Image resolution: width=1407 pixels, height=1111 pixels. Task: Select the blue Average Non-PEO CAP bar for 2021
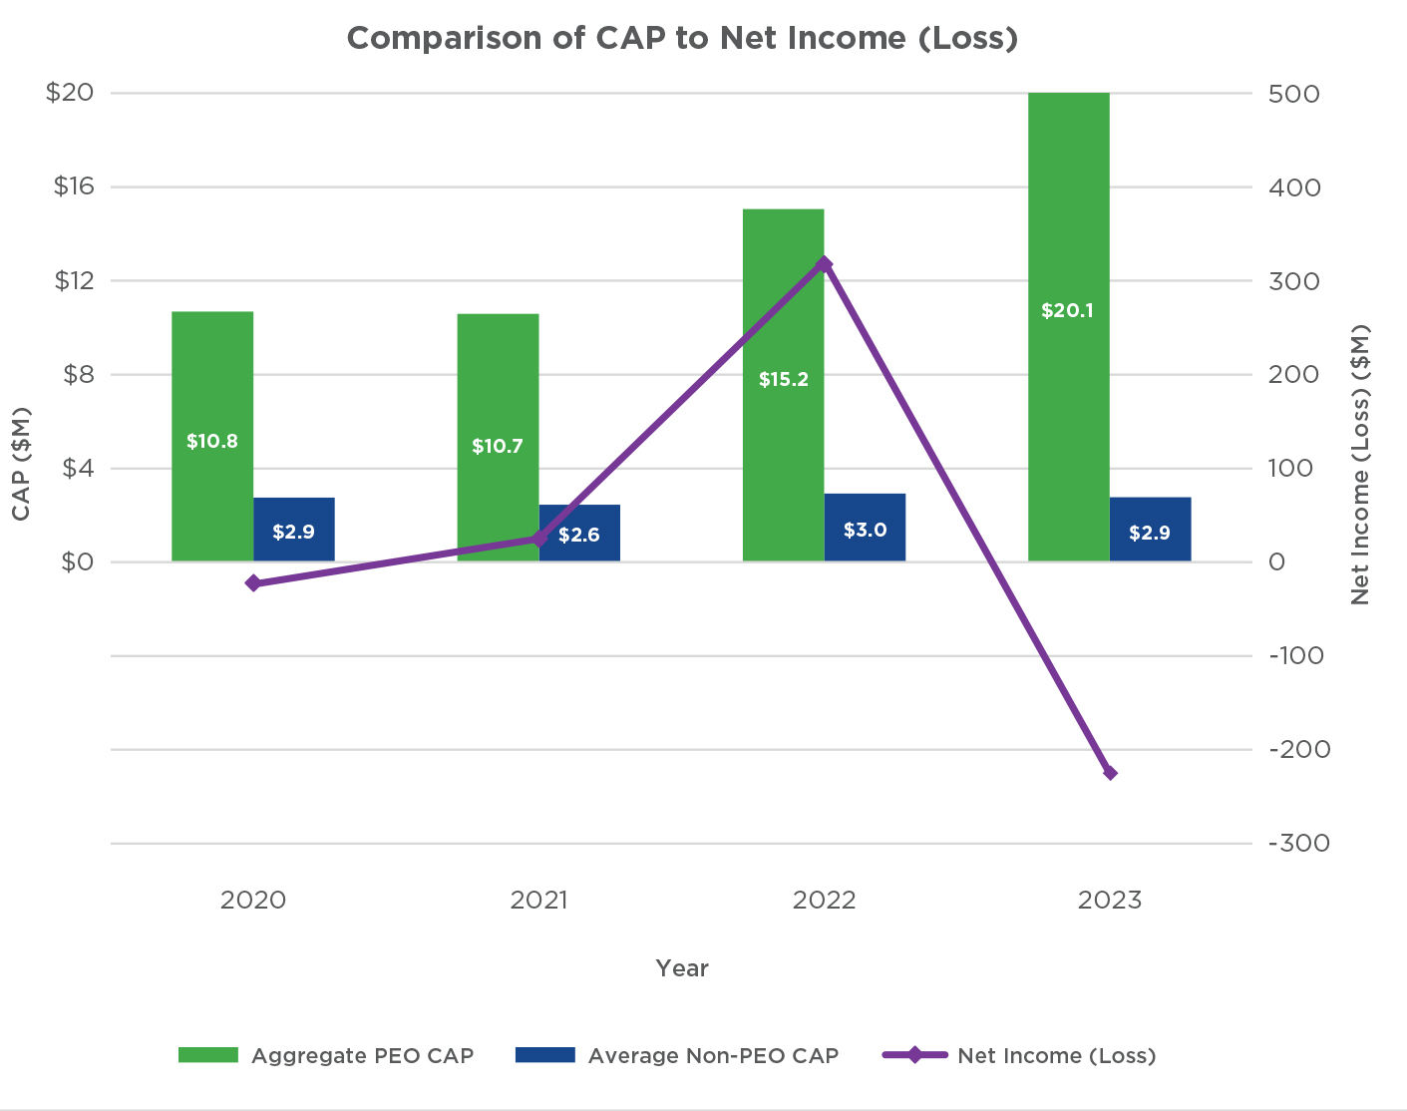tap(579, 519)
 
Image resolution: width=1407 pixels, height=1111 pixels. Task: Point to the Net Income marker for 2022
tap(824, 264)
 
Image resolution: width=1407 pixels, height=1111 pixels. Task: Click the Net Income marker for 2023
tap(1110, 773)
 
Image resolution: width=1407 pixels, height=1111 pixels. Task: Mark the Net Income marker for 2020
tap(253, 583)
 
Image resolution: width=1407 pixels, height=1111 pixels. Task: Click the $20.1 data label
tap(1067, 311)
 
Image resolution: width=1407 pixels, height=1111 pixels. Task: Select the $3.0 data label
tap(865, 531)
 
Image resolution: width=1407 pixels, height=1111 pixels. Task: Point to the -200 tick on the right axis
tap(1299, 749)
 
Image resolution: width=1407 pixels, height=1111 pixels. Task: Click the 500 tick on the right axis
tap(1293, 94)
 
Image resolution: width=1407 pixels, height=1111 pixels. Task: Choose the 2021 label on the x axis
tap(538, 901)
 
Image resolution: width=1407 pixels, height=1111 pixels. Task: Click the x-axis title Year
tap(682, 968)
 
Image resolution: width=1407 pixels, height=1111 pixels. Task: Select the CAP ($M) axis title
tap(21, 464)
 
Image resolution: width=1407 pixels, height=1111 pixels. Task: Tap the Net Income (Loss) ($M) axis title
tap(1361, 464)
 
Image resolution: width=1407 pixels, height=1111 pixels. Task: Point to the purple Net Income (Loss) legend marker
tap(914, 1055)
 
